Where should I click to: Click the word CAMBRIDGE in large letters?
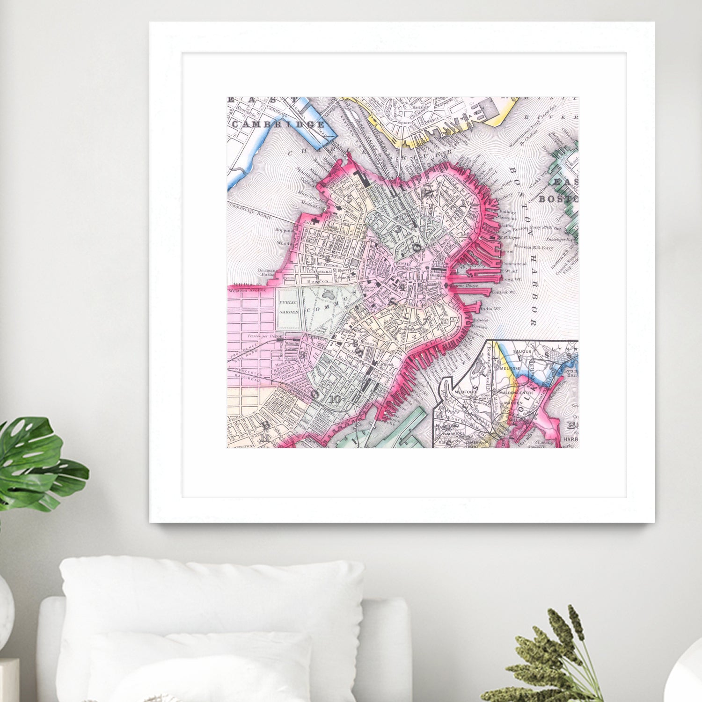tap(278, 124)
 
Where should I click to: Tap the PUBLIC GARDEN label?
tap(289, 307)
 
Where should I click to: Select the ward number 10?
tap(335, 399)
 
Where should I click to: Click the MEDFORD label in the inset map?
tap(465, 392)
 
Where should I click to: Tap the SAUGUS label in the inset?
tap(522, 351)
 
